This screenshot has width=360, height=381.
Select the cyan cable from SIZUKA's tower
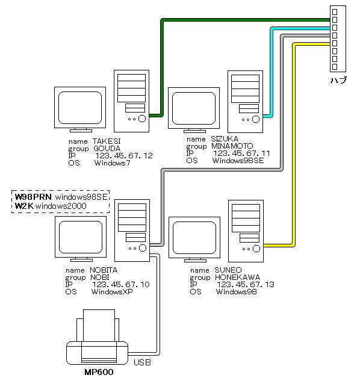272,73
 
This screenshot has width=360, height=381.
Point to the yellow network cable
294,146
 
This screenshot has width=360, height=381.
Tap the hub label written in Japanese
338,80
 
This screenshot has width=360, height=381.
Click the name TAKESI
107,141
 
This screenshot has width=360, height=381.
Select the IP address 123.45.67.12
124,155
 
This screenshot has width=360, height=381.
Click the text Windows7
113,163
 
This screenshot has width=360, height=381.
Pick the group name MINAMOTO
232,146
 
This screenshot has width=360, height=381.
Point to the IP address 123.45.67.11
241,153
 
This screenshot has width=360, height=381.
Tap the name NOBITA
104,270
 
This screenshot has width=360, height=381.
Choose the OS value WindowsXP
112,291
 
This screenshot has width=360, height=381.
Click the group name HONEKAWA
237,277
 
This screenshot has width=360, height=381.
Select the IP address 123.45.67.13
246,285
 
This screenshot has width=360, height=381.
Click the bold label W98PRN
33,197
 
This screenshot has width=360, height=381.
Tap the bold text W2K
24,206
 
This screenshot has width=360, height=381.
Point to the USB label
142,362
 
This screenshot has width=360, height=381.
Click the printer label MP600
99,372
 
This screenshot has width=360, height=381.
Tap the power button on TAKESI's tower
142,119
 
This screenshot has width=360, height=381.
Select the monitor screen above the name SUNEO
194,238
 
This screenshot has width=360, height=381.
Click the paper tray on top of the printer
99,326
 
